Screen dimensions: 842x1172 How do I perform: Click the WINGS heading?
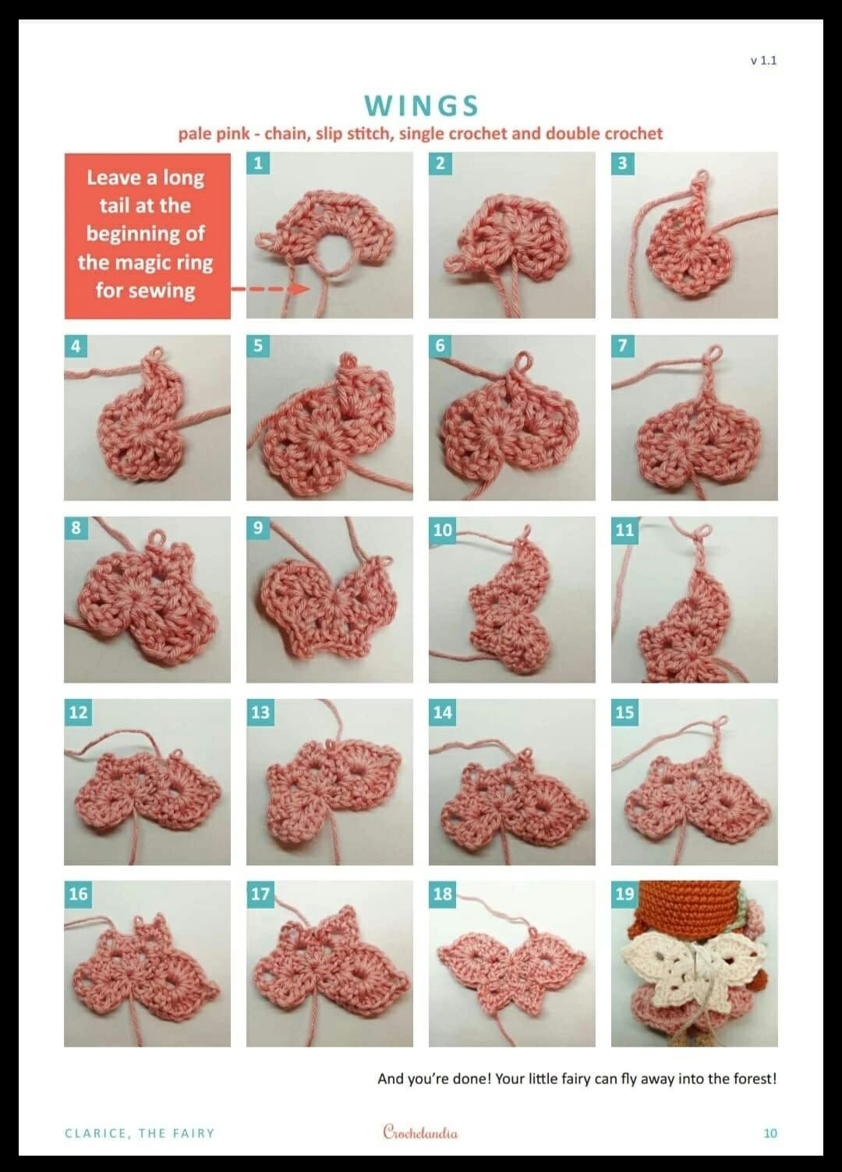point(421,106)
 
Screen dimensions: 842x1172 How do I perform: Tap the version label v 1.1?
point(763,61)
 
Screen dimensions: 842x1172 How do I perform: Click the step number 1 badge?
point(258,163)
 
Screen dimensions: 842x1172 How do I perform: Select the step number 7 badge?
point(623,346)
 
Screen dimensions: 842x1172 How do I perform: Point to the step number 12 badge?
point(78,712)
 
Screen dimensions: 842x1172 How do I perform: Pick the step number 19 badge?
point(624,894)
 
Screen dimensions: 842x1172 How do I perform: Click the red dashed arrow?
point(271,288)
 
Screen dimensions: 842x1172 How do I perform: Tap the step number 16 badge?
point(78,894)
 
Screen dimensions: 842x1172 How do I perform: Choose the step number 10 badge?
point(442,530)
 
